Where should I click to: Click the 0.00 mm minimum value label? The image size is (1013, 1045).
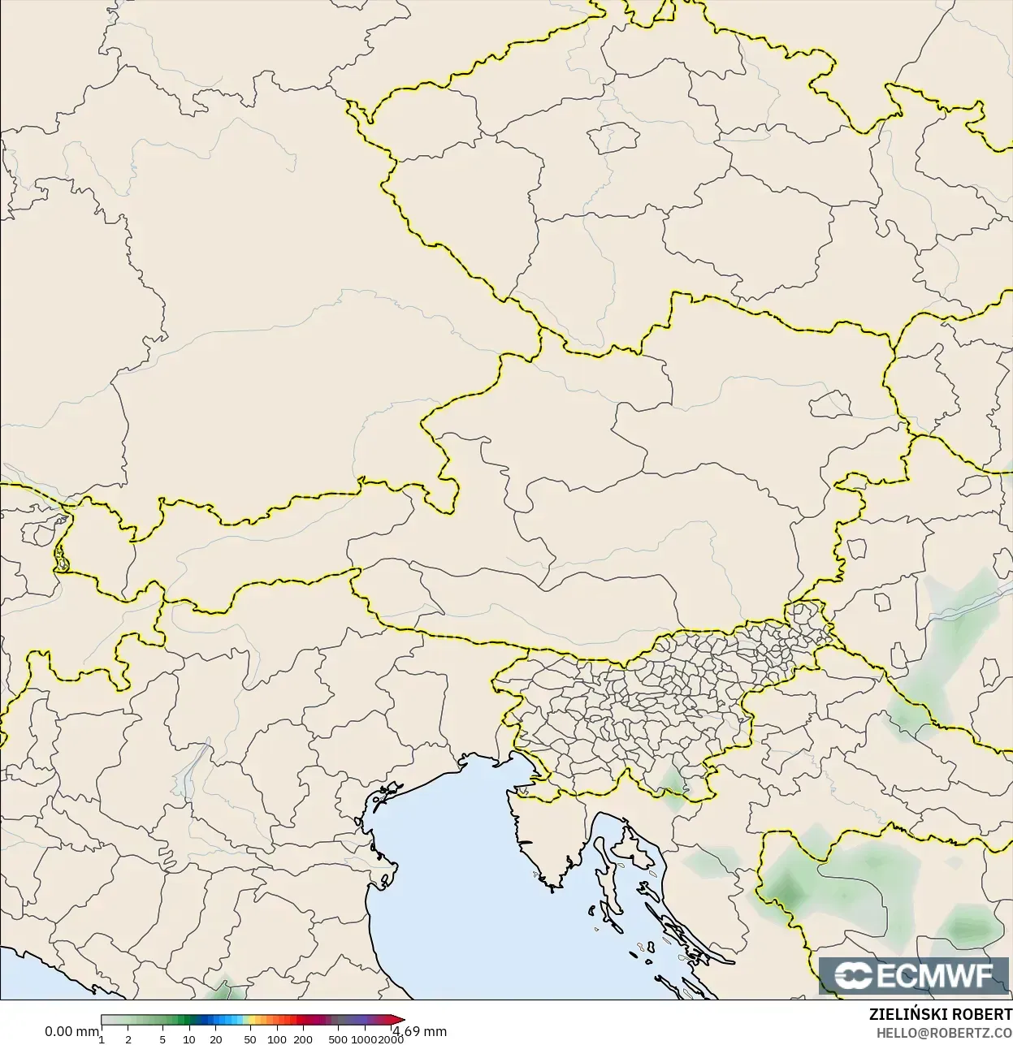point(71,1031)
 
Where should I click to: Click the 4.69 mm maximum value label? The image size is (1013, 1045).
point(420,1031)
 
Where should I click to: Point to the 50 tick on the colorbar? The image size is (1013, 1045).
point(249,1039)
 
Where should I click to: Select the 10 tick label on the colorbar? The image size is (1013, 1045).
point(188,1039)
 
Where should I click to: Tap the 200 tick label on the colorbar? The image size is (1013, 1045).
point(303,1039)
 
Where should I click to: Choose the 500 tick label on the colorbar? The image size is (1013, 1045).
point(338,1039)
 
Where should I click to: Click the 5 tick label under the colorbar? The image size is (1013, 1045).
point(162,1039)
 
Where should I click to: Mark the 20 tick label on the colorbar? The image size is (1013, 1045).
point(216,1039)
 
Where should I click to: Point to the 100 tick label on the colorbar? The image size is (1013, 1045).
point(276,1039)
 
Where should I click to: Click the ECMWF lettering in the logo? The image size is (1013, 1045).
point(935,975)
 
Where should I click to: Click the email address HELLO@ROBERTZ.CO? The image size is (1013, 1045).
point(943,1033)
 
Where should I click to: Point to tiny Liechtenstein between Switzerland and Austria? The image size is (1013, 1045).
point(61,559)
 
